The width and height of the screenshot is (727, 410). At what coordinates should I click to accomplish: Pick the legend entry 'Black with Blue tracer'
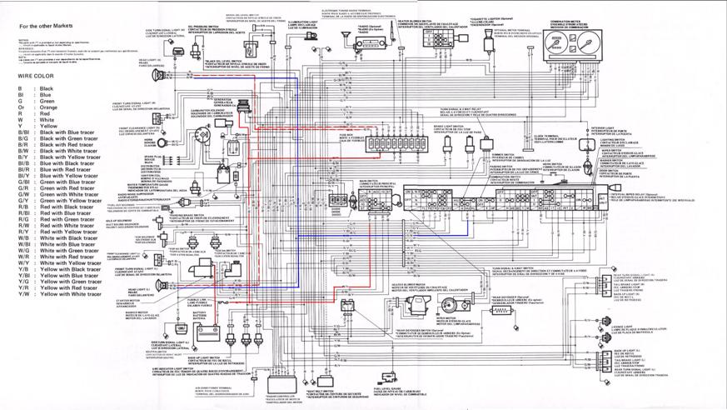tap(67, 132)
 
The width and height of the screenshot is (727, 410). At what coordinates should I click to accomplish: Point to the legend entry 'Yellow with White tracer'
tap(70, 294)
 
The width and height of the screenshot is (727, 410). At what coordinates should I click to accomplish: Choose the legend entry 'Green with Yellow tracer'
tap(70, 201)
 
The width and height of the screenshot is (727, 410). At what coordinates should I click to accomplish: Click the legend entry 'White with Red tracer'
tap(67, 257)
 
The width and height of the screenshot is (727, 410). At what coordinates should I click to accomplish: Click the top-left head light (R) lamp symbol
tap(159, 76)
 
